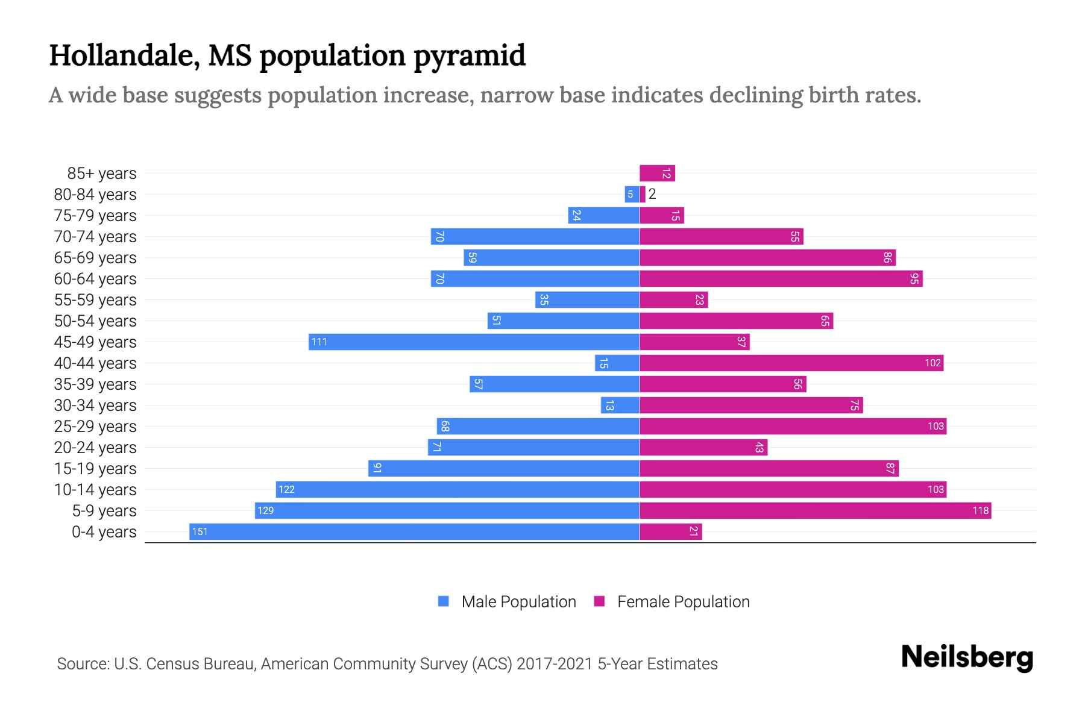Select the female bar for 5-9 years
click(815, 510)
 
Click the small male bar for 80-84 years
click(632, 194)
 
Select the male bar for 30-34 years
click(620, 405)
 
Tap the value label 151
click(200, 531)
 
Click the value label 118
click(980, 510)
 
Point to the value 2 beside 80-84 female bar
click(652, 194)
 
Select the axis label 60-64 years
click(95, 279)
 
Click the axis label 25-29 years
click(95, 427)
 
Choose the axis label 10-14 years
click(95, 490)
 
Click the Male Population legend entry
click(518, 601)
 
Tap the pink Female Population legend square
click(599, 601)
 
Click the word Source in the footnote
click(83, 663)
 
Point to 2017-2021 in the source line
click(554, 663)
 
